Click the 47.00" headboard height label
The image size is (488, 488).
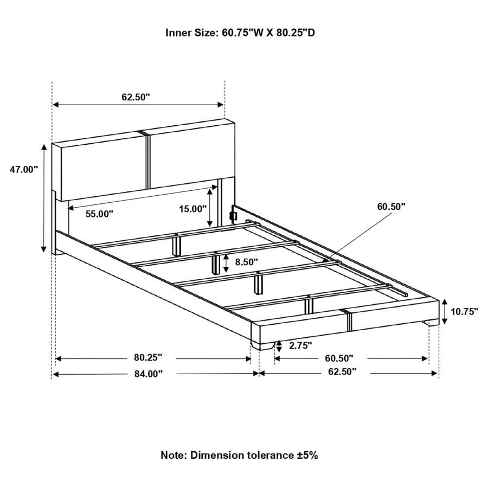click(x=24, y=170)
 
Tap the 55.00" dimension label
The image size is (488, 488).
click(x=99, y=214)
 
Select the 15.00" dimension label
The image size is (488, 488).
click(x=193, y=209)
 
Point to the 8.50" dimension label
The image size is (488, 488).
click(x=247, y=262)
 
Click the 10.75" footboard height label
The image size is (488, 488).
click(x=465, y=312)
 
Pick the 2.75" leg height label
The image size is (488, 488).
click(x=300, y=345)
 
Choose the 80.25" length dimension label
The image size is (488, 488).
click(x=148, y=358)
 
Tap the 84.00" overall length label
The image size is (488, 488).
click(x=149, y=374)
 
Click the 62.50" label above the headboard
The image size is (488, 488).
click(x=136, y=97)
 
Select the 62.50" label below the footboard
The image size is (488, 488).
click(x=342, y=371)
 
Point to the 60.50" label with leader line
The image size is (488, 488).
click(x=391, y=207)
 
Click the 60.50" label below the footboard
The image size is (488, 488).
click(x=339, y=358)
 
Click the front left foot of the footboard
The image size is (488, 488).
click(x=262, y=346)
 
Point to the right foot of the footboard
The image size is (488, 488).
click(x=431, y=323)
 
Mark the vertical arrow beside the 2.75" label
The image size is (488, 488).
click(x=279, y=346)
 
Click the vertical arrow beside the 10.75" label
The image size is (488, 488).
click(x=445, y=312)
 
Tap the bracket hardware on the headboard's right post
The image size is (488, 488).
click(x=233, y=215)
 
